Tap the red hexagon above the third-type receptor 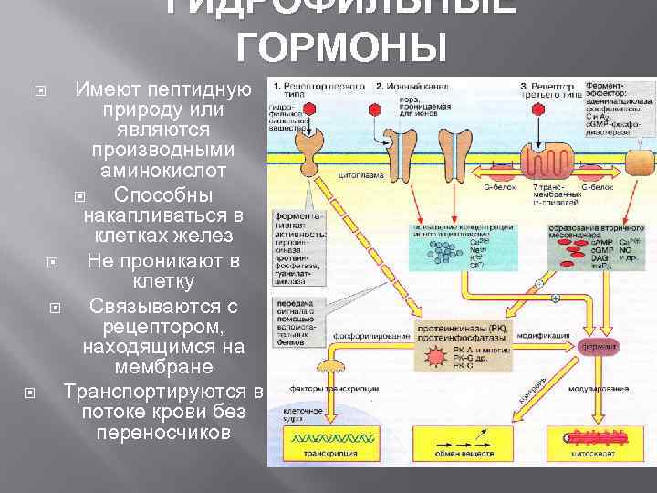click(553, 108)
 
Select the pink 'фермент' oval click(598, 347)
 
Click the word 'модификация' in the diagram click(539, 335)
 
